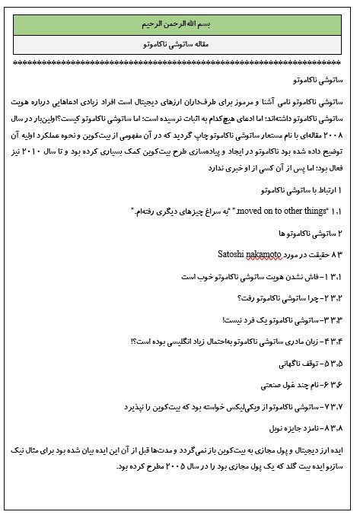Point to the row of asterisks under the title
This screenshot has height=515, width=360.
(x=180, y=62)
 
